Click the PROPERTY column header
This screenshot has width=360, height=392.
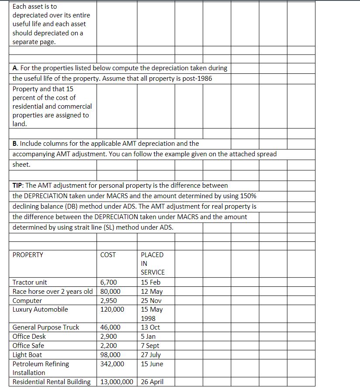(x=28, y=255)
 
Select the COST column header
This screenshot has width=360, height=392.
(x=108, y=255)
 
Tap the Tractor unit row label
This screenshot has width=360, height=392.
(x=30, y=282)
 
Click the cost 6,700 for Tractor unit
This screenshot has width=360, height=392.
(x=109, y=282)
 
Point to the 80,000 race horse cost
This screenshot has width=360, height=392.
(x=110, y=292)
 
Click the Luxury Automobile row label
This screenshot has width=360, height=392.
(x=40, y=309)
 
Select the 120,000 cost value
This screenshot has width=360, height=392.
(x=112, y=309)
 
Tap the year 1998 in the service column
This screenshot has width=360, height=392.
(x=148, y=319)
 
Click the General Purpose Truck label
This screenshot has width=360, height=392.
(x=46, y=327)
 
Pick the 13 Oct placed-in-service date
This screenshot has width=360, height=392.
(x=150, y=327)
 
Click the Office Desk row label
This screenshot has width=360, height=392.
(x=29, y=337)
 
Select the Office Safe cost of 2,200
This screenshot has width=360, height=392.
(x=109, y=346)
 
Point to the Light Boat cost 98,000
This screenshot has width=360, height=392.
(x=110, y=355)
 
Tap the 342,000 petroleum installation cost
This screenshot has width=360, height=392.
(x=112, y=364)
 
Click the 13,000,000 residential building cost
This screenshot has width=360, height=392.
(x=117, y=382)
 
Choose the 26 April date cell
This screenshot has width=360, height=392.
(x=152, y=382)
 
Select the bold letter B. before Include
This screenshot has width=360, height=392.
(x=15, y=143)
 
